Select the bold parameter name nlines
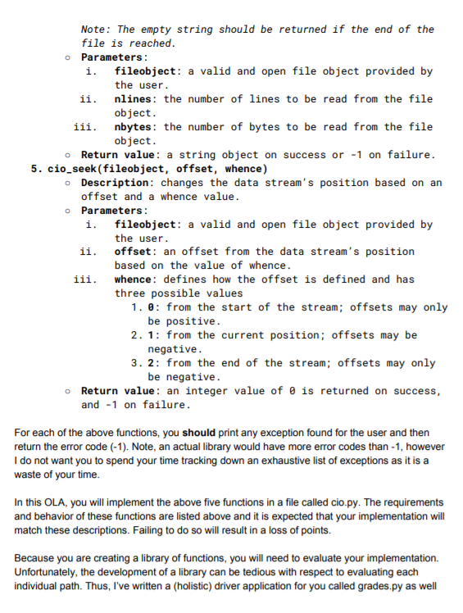point(137,99)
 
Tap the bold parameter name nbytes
point(137,127)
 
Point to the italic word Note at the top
point(96,30)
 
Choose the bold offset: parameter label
point(137,252)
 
